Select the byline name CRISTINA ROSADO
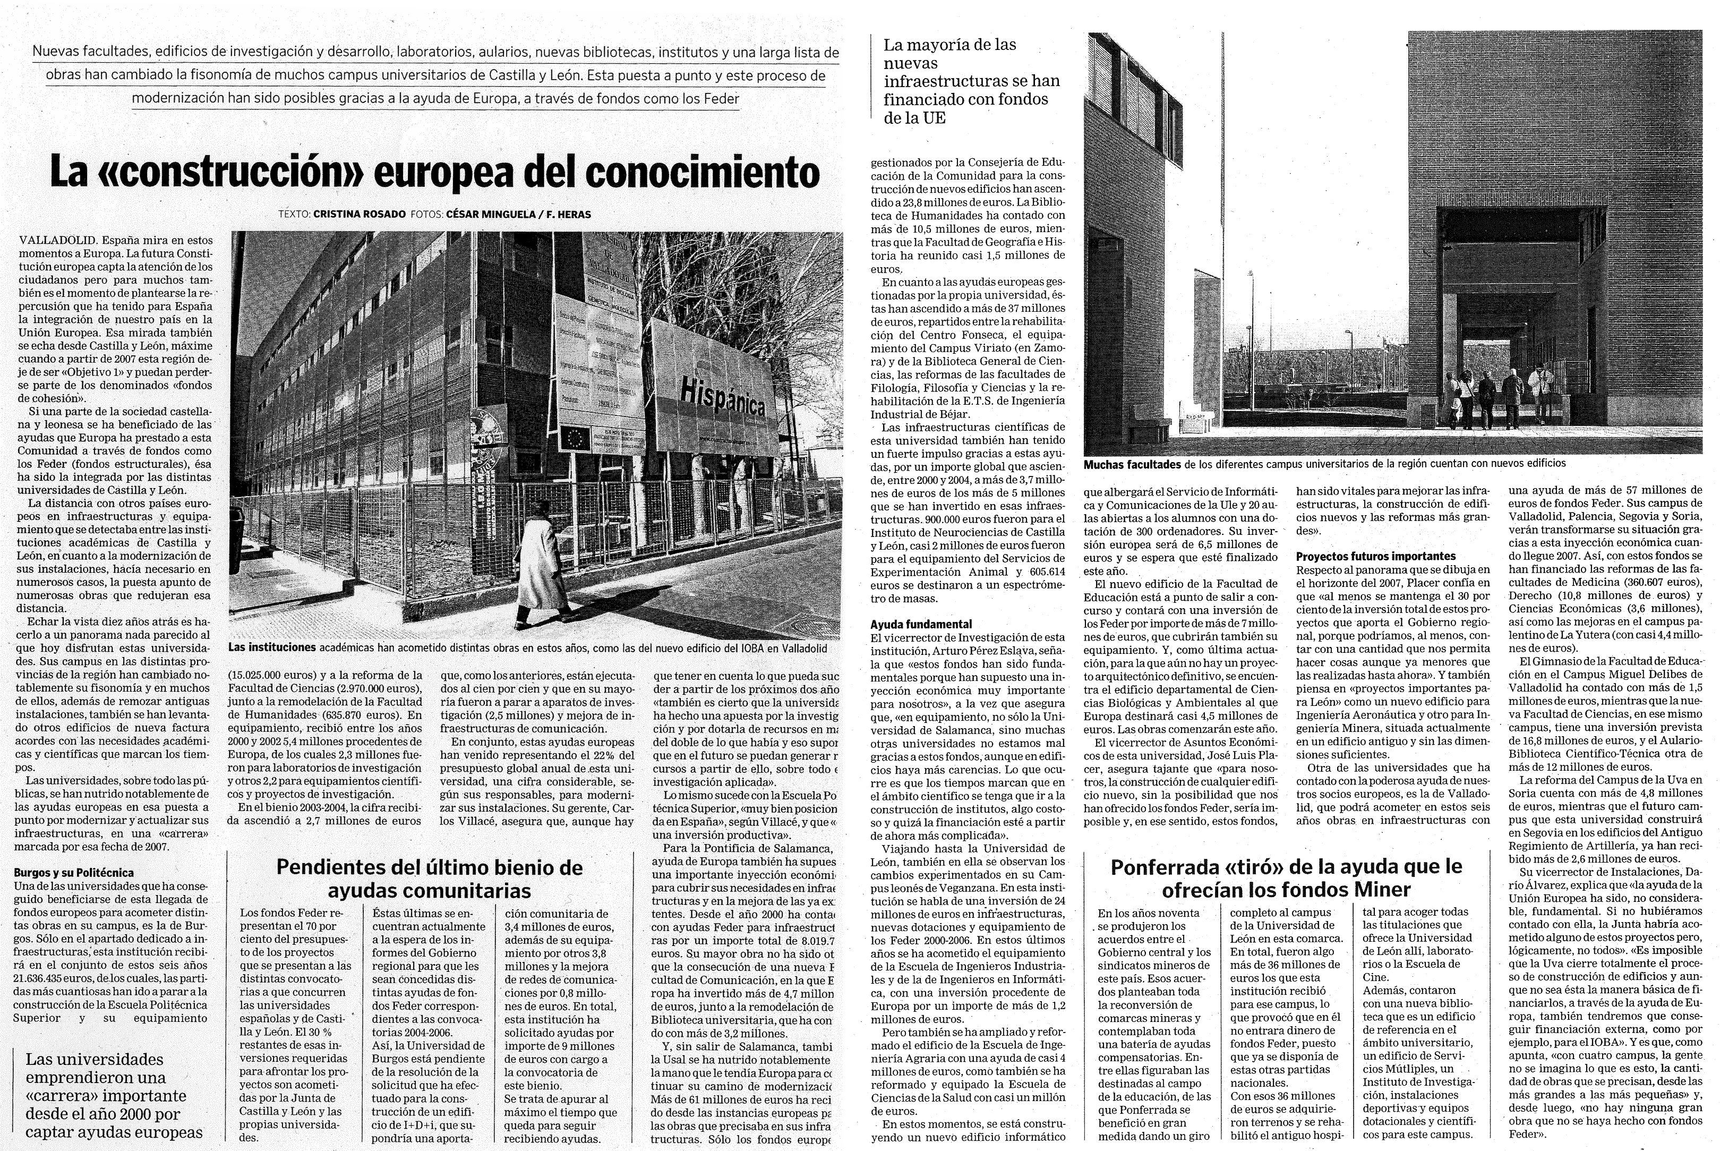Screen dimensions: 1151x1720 [x=359, y=215]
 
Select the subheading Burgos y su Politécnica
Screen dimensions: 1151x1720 [x=73, y=873]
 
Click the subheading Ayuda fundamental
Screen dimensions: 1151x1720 [x=921, y=625]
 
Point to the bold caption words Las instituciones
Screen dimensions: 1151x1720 [x=271, y=647]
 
